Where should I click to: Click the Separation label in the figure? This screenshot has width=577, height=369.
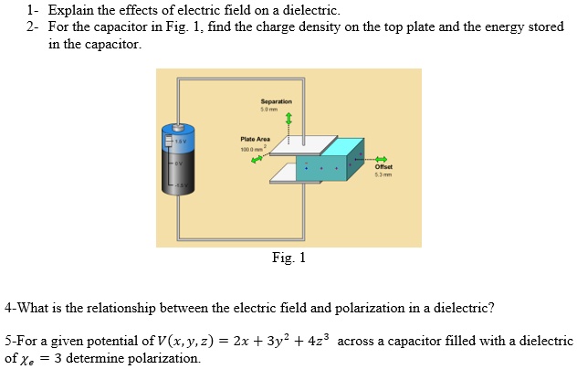point(276,101)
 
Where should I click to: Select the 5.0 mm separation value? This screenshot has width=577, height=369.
point(276,110)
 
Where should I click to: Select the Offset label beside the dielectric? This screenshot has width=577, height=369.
point(383,167)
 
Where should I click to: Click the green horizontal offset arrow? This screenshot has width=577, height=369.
point(376,156)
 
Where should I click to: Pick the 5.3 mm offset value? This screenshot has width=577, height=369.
point(383,175)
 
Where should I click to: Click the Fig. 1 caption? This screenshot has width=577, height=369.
point(288,258)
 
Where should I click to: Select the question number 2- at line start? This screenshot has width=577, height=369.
point(33,27)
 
